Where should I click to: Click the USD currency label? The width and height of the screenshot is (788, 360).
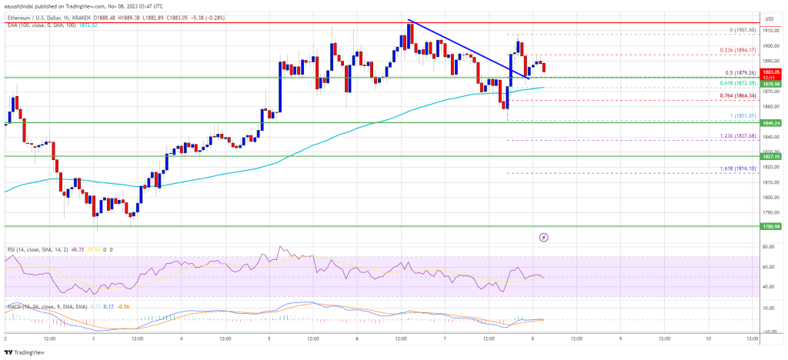tap(769, 18)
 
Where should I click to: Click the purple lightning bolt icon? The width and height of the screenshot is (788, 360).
tap(545, 237)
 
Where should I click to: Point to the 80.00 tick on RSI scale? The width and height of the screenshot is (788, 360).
tap(767, 248)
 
